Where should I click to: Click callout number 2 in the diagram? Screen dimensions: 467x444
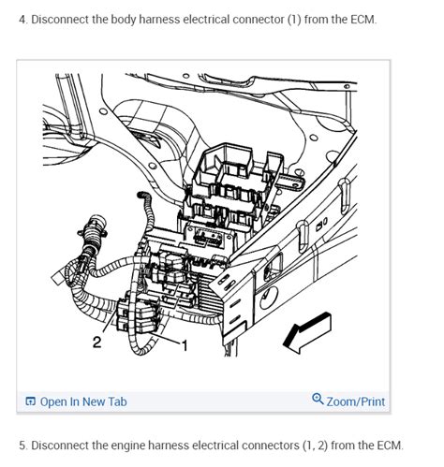tap(96, 343)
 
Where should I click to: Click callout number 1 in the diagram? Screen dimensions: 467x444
tap(184, 345)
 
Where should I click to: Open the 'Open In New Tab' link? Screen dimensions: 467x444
tap(83, 401)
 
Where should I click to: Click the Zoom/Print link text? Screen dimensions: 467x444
tap(356, 401)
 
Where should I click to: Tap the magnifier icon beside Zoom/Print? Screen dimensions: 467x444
tap(318, 401)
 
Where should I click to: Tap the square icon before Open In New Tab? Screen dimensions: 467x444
tap(31, 402)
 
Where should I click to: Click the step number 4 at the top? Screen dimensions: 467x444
tap(22, 22)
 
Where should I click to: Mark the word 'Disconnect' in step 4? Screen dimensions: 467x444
tap(64, 22)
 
